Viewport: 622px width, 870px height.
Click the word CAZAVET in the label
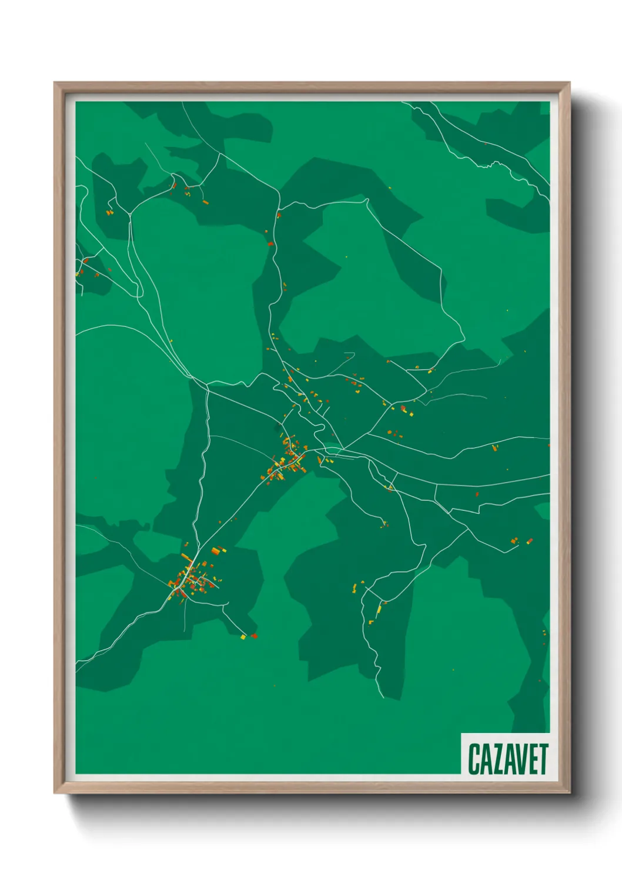508,759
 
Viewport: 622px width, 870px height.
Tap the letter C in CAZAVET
473,759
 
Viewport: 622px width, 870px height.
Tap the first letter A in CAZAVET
484,759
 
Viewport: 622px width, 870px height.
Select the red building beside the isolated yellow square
254,635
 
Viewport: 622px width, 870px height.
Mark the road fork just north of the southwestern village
197,547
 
